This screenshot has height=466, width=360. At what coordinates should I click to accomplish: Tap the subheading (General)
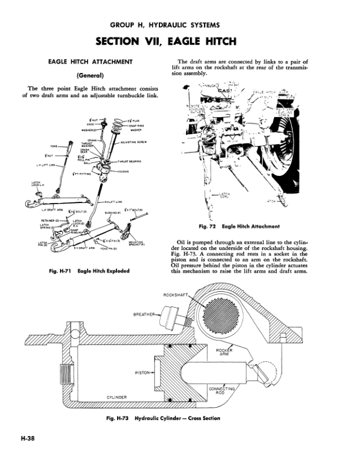pyautogui.click(x=94, y=75)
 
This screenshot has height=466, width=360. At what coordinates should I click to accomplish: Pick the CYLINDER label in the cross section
pyautogui.click(x=118, y=398)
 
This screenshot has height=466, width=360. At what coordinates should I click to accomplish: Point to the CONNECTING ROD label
pyautogui.click(x=222, y=391)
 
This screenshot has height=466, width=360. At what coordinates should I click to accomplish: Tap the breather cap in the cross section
pyautogui.click(x=173, y=318)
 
